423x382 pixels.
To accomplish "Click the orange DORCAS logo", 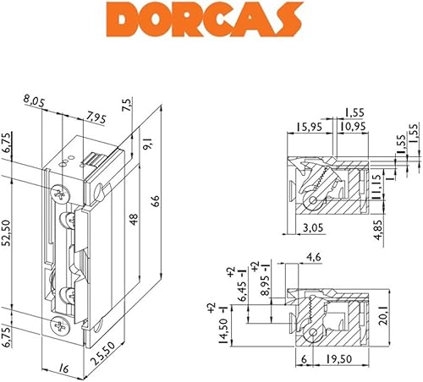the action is click(x=204, y=19).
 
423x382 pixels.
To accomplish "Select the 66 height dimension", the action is click(x=156, y=201).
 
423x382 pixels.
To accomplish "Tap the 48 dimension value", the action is click(x=134, y=220).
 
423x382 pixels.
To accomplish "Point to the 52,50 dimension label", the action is click(x=7, y=233).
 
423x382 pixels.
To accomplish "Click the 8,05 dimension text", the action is click(x=34, y=101).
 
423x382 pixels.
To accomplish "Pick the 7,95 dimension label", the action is click(x=96, y=117).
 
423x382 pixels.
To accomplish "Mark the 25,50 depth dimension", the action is click(x=103, y=353).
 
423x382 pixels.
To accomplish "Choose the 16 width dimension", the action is click(x=64, y=368).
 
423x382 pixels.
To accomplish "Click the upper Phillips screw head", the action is click(x=59, y=194).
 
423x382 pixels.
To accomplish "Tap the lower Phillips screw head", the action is click(x=59, y=326).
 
